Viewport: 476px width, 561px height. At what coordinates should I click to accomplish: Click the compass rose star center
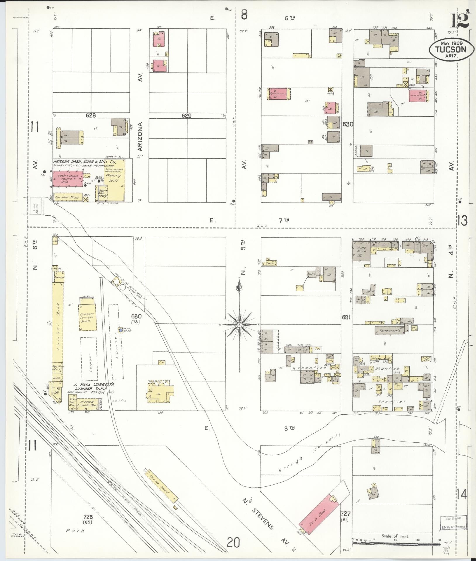click(x=239, y=325)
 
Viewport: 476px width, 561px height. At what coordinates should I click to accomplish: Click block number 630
click(x=348, y=124)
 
